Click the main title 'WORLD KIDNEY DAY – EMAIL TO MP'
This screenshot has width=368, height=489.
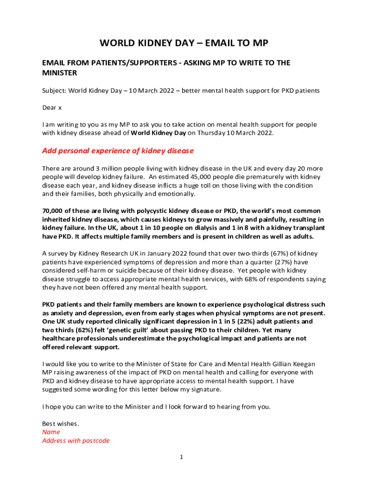[184, 44]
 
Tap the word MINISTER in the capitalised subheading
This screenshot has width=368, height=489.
[60, 73]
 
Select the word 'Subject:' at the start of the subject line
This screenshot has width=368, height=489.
[54, 91]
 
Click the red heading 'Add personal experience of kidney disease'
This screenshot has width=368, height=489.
[118, 151]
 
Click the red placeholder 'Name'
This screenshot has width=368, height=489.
[51, 433]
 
